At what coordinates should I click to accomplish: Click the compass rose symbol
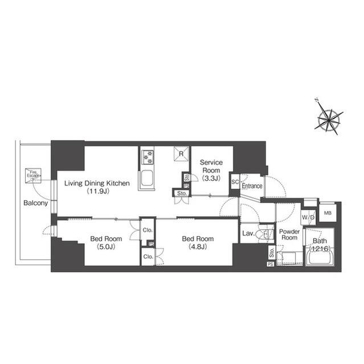330,118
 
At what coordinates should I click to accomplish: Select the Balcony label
35,203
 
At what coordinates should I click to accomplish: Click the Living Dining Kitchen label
97,183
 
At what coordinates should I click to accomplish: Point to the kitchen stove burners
148,155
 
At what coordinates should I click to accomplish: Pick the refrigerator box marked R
181,154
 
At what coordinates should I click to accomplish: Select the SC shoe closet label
235,183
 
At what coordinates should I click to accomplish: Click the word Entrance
252,186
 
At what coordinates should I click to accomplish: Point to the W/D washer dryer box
308,217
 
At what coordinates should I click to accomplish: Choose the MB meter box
328,213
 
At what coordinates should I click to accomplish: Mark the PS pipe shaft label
270,264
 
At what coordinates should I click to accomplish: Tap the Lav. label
248,233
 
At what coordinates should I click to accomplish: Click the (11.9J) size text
97,192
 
